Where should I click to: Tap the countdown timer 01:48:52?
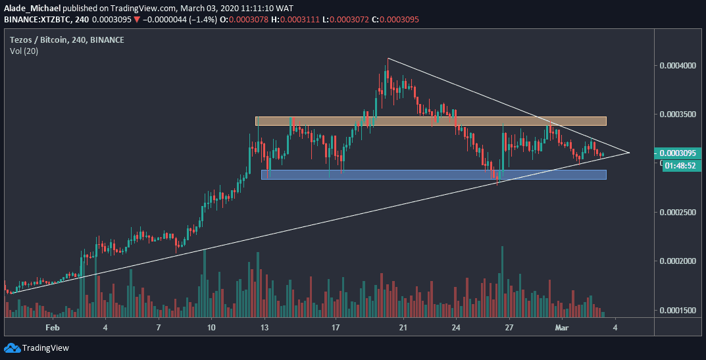click(680, 166)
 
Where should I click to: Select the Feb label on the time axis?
click(53, 326)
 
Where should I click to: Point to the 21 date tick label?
click(403, 326)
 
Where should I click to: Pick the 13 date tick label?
click(265, 326)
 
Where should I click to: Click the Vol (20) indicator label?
click(24, 51)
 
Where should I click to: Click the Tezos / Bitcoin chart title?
click(67, 40)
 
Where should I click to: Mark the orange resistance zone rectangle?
click(430, 121)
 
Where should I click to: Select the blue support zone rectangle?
click(433, 174)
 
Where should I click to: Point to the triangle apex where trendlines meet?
click(630, 153)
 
